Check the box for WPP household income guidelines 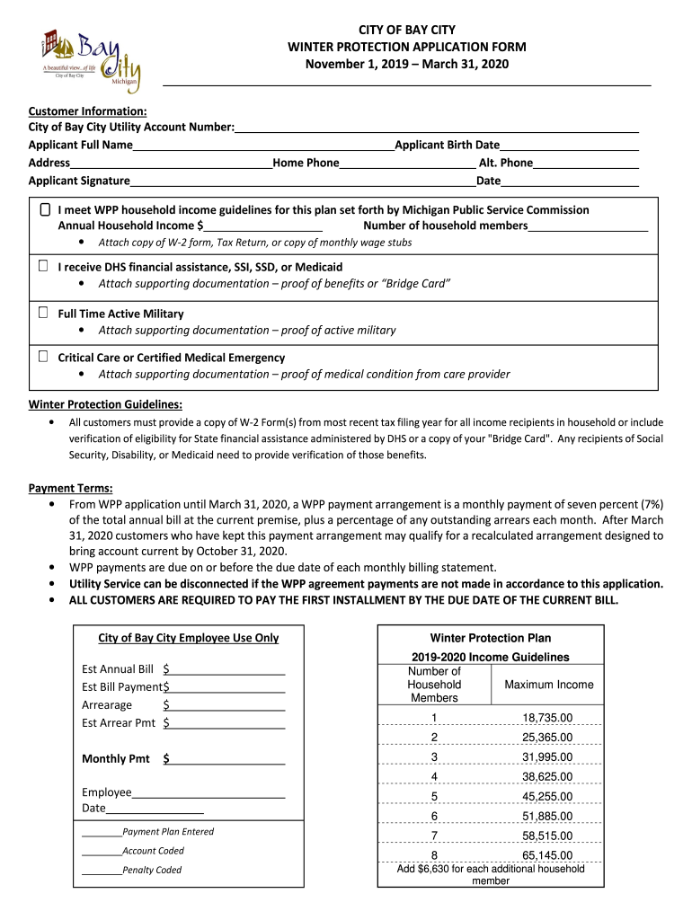pos(45,209)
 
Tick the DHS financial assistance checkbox pos(43,267)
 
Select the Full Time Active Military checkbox pos(43,313)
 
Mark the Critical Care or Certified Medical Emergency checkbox pos(43,357)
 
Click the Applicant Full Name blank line pos(263,146)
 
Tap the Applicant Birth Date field pos(569,146)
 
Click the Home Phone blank pos(407,164)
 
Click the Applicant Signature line pos(302,181)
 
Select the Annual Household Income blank pos(263,226)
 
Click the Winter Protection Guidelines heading pos(105,403)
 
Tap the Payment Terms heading pos(70,488)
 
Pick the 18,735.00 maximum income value pos(547,718)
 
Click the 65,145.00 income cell pos(547,855)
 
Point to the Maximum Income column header pos(548,685)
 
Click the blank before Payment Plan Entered pos(102,833)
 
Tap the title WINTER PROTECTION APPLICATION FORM pos(406,47)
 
